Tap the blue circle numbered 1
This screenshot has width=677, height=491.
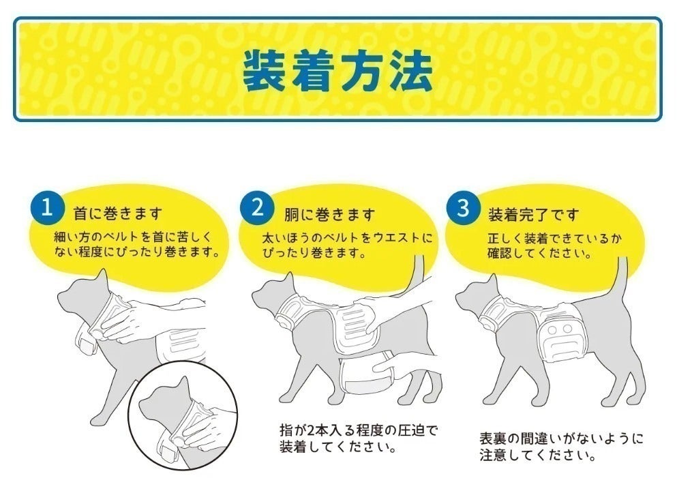click(x=47, y=208)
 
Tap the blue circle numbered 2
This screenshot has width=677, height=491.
click(x=257, y=208)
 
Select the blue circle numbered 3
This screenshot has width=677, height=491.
click(x=463, y=208)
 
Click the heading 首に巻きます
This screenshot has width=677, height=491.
click(x=118, y=214)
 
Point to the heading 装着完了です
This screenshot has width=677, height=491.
click(x=533, y=215)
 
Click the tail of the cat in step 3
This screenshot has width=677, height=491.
click(x=621, y=280)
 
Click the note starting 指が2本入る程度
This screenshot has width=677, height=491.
click(x=358, y=439)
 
